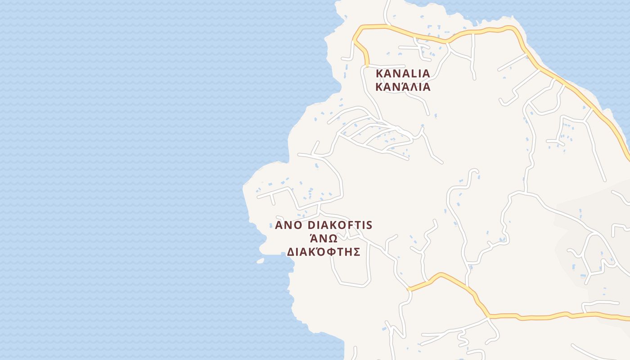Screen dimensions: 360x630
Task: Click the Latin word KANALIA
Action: click(403, 73)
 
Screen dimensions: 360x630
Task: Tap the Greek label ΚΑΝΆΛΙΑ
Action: click(403, 86)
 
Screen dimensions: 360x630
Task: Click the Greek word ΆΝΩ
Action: click(324, 238)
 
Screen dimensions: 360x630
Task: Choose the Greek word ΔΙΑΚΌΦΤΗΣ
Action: click(324, 252)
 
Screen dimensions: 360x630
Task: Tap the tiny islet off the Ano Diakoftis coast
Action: click(260, 260)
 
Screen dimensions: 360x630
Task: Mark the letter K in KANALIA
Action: click(379, 73)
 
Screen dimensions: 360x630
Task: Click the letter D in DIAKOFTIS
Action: click(310, 225)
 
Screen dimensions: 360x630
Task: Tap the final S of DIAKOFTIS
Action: click(369, 225)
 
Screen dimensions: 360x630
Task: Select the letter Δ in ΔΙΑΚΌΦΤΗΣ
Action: click(291, 252)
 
